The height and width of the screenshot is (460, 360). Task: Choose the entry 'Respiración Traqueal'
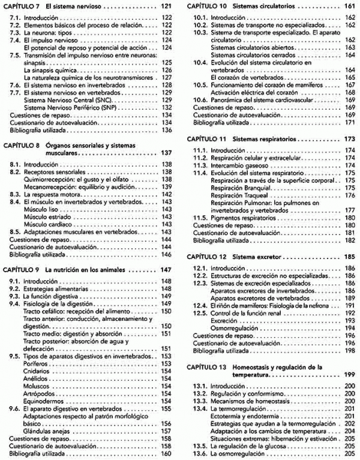246,195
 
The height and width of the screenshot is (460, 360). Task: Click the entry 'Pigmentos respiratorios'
246,218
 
